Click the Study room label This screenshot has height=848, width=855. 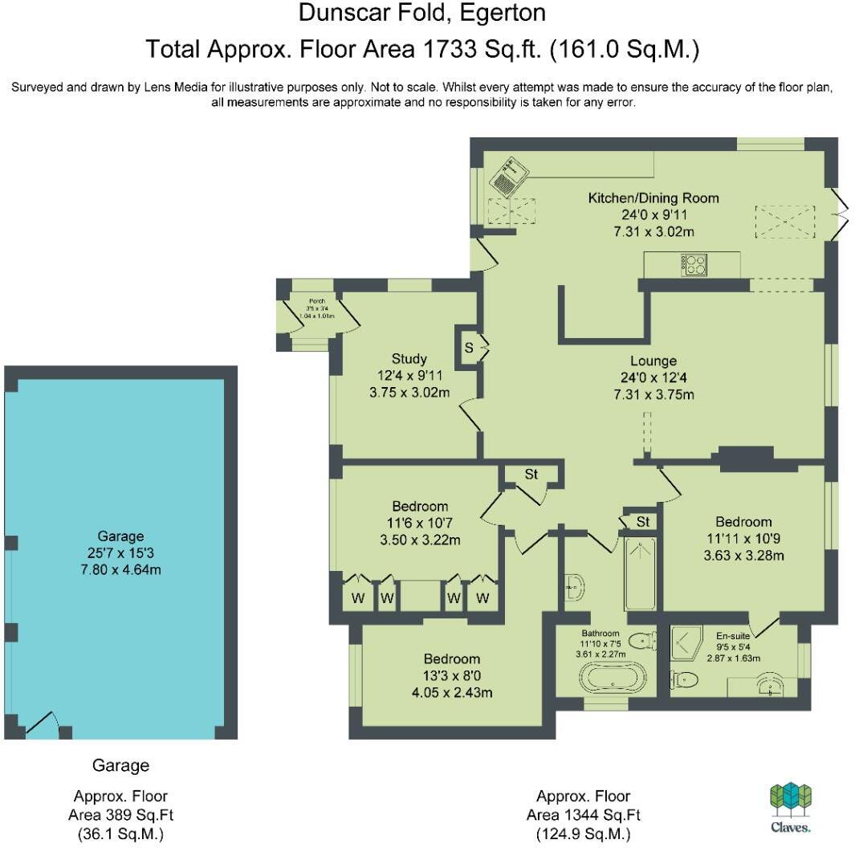coord(409,358)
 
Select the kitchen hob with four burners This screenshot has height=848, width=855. coord(694,263)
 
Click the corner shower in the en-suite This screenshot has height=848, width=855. coord(687,642)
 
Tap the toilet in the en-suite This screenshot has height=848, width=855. coord(683,680)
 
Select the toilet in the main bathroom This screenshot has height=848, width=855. coord(641,641)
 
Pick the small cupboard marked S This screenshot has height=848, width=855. coord(468,348)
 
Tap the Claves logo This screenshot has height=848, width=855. coord(791,806)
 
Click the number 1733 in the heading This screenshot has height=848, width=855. coord(441,50)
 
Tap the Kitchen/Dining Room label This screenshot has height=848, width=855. coord(653,198)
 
